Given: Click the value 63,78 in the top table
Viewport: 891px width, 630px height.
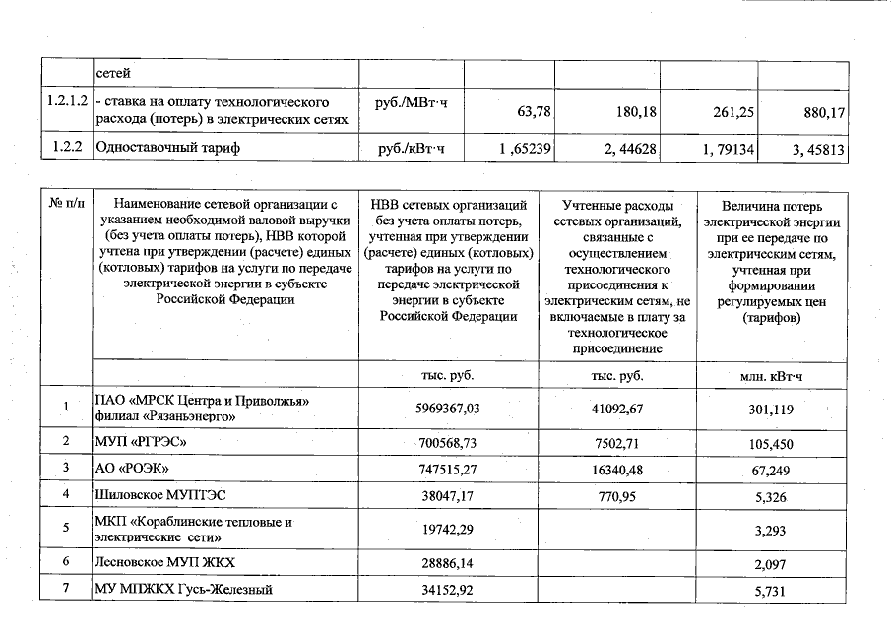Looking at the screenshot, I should point(534,112).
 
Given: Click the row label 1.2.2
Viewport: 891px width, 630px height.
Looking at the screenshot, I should point(65,149).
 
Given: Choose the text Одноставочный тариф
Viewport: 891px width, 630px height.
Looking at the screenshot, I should point(167,149).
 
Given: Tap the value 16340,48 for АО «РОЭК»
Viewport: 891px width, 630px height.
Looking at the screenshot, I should point(617,470).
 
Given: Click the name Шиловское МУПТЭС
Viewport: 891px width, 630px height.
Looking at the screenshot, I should point(160,495).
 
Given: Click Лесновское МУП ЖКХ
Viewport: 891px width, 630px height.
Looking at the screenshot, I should point(164,562).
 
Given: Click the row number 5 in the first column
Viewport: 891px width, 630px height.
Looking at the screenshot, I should point(65,528).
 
